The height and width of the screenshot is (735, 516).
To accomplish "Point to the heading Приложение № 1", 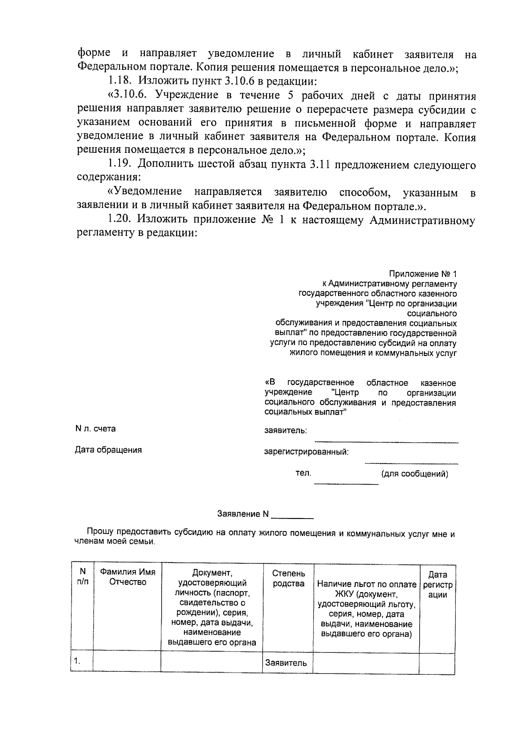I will [423, 274].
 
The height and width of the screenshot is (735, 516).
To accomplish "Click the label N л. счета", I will [95, 429].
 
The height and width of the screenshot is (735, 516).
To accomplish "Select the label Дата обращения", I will [108, 450].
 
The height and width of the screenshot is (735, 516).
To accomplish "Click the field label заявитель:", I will [286, 431].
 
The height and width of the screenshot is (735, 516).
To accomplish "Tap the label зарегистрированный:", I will [306, 452].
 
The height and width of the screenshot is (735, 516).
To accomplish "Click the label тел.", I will [303, 473].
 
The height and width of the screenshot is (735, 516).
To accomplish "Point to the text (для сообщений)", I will [415, 474].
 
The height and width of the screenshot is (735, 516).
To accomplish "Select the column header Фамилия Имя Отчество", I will [128, 577].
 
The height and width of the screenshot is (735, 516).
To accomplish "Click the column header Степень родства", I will [289, 578].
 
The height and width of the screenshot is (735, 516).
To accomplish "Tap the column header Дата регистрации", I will [438, 585].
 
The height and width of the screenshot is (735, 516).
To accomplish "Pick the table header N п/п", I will [83, 577].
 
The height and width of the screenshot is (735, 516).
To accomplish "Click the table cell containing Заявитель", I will [286, 663].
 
